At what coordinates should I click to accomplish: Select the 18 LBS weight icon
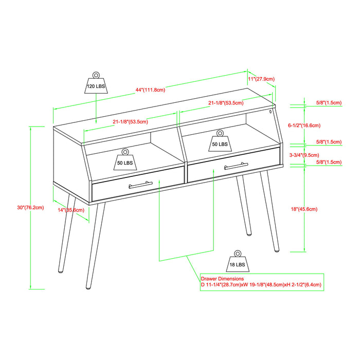click(237, 262)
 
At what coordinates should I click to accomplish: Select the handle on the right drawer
click(236, 166)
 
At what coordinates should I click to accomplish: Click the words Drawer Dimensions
click(223, 278)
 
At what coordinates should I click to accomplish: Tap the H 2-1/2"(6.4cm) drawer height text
click(304, 284)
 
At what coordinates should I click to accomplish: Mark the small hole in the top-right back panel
click(270, 111)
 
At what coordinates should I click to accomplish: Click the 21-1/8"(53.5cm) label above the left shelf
click(130, 122)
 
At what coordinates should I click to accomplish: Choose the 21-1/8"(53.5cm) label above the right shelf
click(226, 102)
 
